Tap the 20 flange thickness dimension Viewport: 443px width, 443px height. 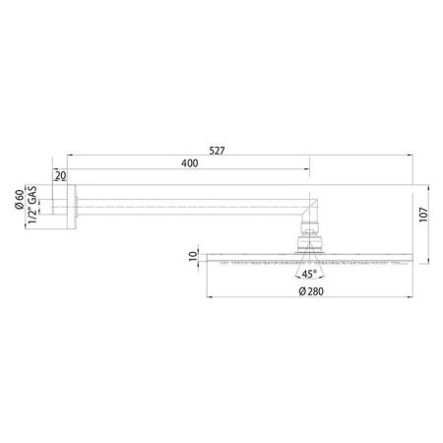pos(60,176)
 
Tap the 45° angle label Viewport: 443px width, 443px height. pos(310,277)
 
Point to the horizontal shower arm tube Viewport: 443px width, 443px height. pos(187,208)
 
